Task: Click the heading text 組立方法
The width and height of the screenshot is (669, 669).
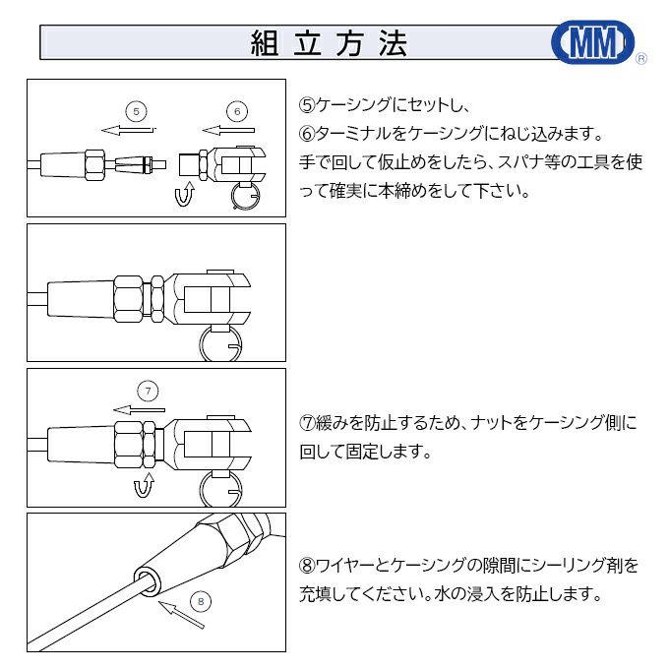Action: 329,43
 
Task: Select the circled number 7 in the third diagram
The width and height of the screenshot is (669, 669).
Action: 148,391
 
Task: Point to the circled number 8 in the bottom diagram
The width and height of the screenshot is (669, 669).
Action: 200,599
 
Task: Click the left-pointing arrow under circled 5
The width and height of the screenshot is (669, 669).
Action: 127,129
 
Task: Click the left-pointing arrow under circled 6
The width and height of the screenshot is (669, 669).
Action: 228,129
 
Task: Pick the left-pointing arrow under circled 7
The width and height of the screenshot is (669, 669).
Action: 138,409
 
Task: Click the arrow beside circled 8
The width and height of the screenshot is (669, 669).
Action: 182,615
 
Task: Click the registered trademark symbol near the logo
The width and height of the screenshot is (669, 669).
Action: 641,60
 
